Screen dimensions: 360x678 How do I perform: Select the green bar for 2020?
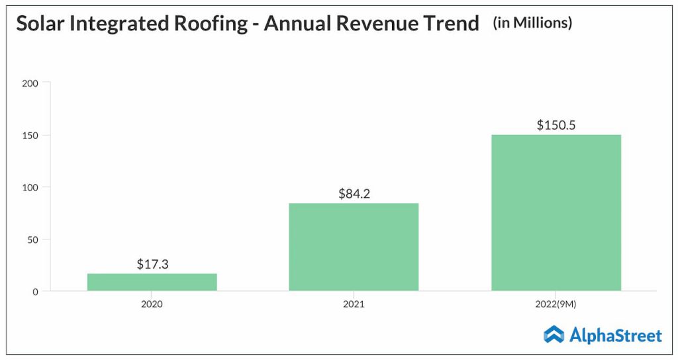(x=152, y=282)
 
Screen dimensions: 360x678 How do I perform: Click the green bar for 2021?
(x=354, y=247)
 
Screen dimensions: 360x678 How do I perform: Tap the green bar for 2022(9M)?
(x=556, y=212)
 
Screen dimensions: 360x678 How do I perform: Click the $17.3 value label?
(x=152, y=264)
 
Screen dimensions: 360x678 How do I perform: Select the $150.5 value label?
(x=556, y=125)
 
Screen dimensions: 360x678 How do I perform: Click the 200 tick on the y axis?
(x=31, y=83)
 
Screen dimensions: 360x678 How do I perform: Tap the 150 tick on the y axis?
(x=31, y=136)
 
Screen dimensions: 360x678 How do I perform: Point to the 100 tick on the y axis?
(x=31, y=187)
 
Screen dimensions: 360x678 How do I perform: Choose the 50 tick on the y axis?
(x=34, y=240)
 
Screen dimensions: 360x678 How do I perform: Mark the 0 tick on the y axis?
(x=36, y=291)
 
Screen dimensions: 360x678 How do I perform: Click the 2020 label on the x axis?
(x=152, y=304)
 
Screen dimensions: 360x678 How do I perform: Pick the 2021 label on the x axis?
(x=354, y=304)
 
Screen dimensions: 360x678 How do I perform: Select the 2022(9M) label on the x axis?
(x=556, y=304)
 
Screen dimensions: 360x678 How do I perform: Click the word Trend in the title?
(x=454, y=24)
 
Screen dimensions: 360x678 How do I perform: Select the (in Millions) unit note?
(x=532, y=23)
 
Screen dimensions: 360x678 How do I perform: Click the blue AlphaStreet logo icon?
(x=554, y=335)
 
